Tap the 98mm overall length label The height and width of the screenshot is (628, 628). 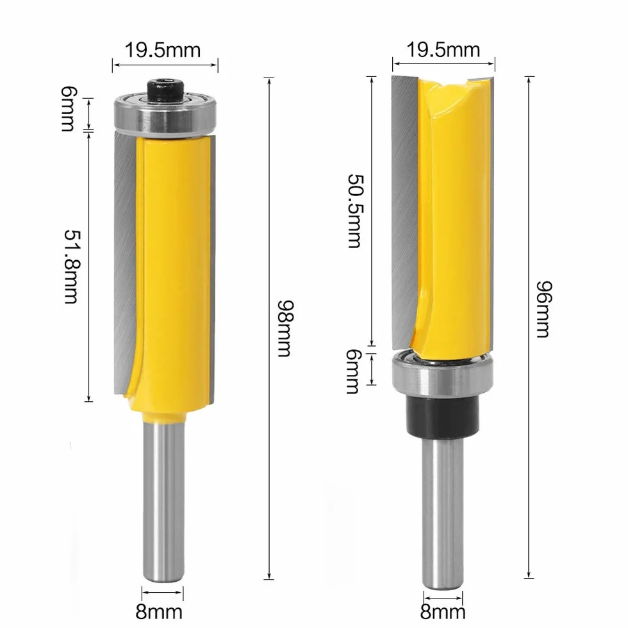[x=286, y=328]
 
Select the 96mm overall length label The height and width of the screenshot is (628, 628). [x=545, y=310]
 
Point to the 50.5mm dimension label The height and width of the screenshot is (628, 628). [x=354, y=211]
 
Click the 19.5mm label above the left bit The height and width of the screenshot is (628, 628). [x=163, y=51]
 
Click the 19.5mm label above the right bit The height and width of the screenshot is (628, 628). [x=443, y=50]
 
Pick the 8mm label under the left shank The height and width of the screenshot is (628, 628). [x=159, y=611]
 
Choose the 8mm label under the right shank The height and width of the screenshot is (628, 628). [x=443, y=612]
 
